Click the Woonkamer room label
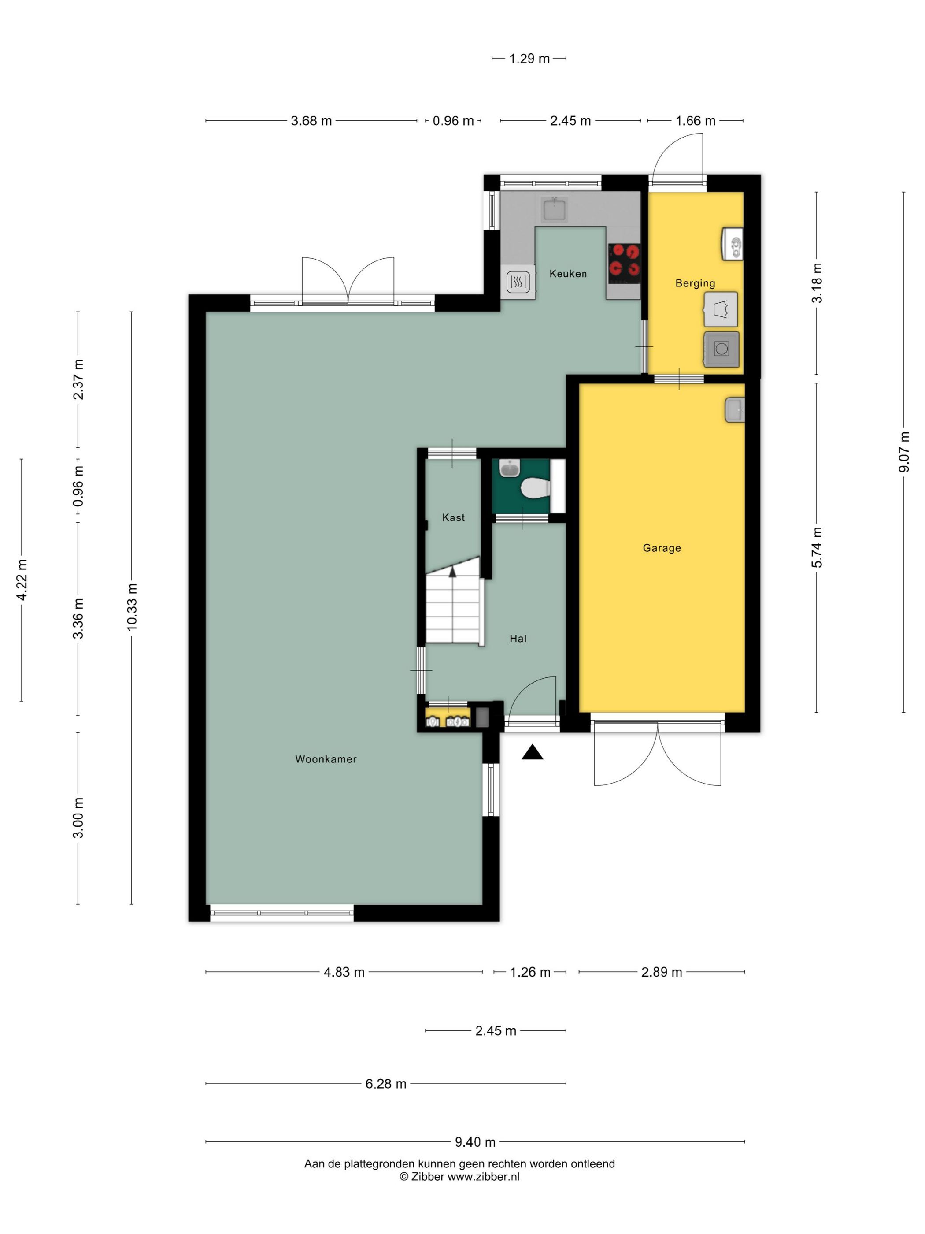pyautogui.click(x=326, y=759)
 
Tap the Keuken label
pyautogui.click(x=568, y=273)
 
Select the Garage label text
pyautogui.click(x=662, y=548)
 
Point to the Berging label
pyautogui.click(x=695, y=283)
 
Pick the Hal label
pyautogui.click(x=518, y=639)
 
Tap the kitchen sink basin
pyautogui.click(x=554, y=209)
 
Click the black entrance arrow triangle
pyautogui.click(x=533, y=753)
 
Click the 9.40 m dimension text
pyautogui.click(x=475, y=1142)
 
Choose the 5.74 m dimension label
pyautogui.click(x=817, y=547)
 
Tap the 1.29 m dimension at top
pyautogui.click(x=529, y=59)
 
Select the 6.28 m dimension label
pyautogui.click(x=386, y=1084)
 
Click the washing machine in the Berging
pyautogui.click(x=721, y=349)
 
